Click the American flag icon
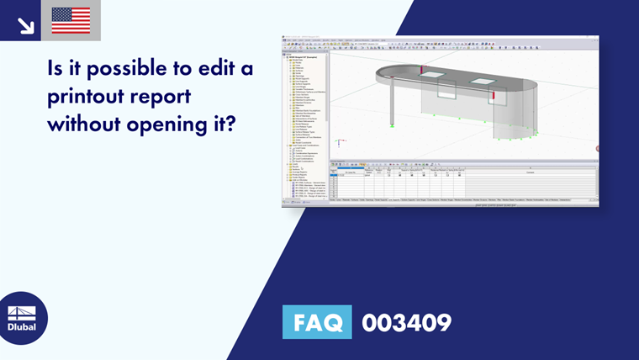71,20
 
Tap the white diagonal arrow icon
25,24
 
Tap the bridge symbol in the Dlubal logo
22,312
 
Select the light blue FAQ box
317,322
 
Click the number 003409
406,322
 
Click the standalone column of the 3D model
393,101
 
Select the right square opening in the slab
484,82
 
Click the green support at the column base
393,125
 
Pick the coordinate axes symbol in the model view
338,144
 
